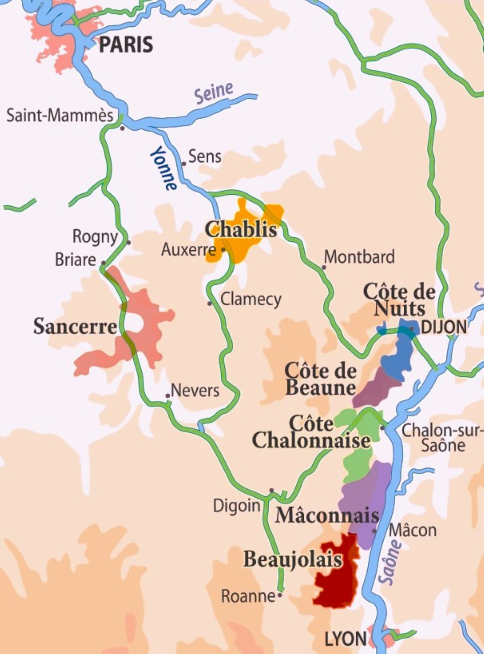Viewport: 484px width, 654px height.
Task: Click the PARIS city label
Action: click(x=126, y=45)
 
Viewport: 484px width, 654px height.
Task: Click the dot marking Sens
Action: click(x=184, y=164)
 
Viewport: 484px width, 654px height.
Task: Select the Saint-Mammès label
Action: click(x=60, y=116)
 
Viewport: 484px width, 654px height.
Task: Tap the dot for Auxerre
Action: click(x=223, y=249)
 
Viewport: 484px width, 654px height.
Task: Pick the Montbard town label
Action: click(x=359, y=257)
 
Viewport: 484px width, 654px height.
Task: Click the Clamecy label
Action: click(x=251, y=300)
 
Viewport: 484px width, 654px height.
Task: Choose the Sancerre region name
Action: click(x=75, y=327)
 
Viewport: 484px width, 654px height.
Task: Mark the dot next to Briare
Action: click(x=103, y=263)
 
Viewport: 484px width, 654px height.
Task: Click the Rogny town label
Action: click(x=95, y=237)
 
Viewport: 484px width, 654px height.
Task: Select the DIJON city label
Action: click(x=444, y=327)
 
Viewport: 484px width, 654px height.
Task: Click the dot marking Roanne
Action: click(x=280, y=595)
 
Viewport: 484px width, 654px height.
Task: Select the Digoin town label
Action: click(x=237, y=506)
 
